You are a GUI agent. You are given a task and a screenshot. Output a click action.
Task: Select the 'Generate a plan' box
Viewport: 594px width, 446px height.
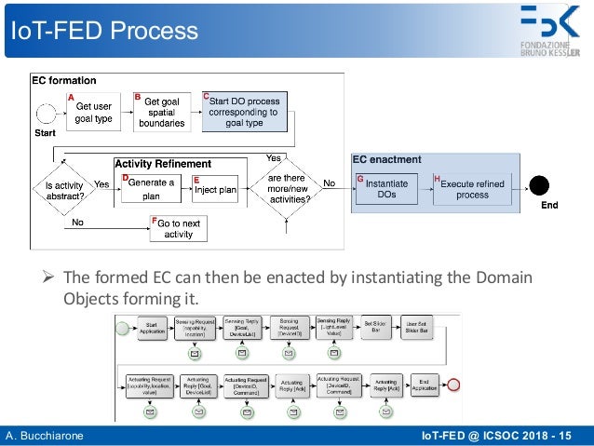150,188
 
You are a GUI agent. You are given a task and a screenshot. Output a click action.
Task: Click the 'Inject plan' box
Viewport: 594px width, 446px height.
215,190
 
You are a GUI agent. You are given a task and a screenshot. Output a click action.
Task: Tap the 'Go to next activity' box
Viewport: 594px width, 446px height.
178,229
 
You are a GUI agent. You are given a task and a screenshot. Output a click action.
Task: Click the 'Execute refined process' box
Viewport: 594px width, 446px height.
472,189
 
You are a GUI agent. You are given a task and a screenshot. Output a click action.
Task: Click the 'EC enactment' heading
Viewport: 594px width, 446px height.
387,160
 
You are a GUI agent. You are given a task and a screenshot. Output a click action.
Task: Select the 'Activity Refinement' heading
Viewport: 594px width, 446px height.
163,164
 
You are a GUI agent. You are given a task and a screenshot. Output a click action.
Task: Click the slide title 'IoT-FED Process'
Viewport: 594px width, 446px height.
103,31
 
